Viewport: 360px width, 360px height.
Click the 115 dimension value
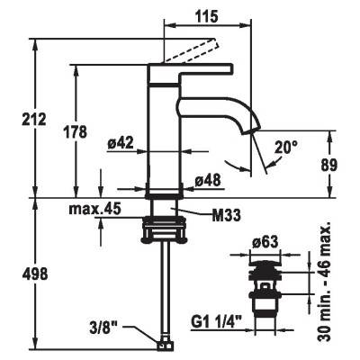pyautogui.click(x=207, y=16)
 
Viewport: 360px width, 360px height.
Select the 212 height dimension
pyautogui.click(x=34, y=120)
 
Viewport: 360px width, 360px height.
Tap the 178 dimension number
pyautogui.click(x=75, y=131)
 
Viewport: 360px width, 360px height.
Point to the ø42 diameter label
pyautogui.click(x=121, y=143)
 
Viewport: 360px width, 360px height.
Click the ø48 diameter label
pyautogui.click(x=208, y=181)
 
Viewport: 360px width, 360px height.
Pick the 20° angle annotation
pyautogui.click(x=286, y=148)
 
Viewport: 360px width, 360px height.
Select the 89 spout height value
pyautogui.click(x=329, y=165)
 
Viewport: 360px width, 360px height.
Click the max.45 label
pyautogui.click(x=94, y=209)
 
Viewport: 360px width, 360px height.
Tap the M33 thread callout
pyautogui.click(x=226, y=215)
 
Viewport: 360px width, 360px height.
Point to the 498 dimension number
pyautogui.click(x=35, y=274)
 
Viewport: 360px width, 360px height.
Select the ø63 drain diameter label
pyautogui.click(x=265, y=242)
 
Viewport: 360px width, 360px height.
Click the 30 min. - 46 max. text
pyautogui.click(x=324, y=282)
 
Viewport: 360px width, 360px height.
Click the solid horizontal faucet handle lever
pyautogui.click(x=191, y=74)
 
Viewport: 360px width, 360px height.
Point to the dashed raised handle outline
pyautogui.click(x=190, y=50)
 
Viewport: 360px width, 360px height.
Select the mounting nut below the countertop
pyautogui.click(x=164, y=229)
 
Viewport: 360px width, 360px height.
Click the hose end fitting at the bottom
pyautogui.click(x=164, y=346)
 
